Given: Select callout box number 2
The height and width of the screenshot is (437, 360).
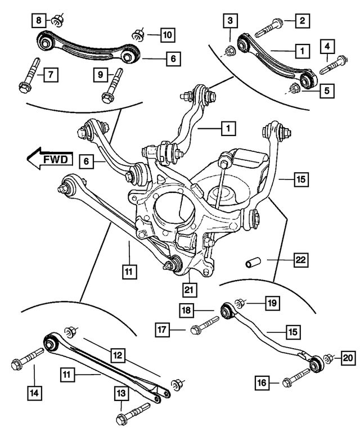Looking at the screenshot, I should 303,22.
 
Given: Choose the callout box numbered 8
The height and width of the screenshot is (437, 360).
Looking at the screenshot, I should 38,21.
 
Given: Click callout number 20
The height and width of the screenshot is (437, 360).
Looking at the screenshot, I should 348,357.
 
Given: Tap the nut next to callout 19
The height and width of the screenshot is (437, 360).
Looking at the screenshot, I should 238,304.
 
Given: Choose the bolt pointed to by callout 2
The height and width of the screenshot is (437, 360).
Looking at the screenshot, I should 271,26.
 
